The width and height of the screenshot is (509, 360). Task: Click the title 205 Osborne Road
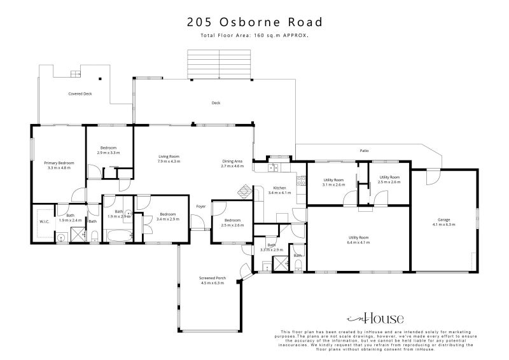coord(254,22)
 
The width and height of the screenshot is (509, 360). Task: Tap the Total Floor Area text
coord(254,36)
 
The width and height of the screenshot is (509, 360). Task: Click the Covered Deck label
coord(80,93)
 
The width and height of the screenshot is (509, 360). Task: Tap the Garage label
coord(440,220)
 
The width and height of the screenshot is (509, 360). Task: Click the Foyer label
coord(200,206)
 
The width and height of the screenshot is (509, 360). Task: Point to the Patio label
coord(364,151)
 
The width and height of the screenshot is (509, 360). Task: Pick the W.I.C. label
coord(44,221)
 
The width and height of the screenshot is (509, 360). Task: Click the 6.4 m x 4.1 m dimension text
coord(358,242)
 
